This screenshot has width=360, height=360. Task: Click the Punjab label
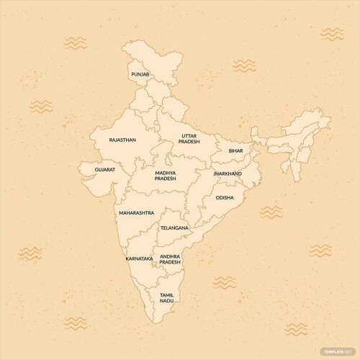(x=140, y=74)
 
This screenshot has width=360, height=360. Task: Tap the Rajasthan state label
(x=122, y=140)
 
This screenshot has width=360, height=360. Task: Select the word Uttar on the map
(x=189, y=135)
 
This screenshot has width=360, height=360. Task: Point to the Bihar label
(x=236, y=151)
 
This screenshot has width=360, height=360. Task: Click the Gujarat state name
(x=104, y=170)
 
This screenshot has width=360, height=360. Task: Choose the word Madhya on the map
(x=166, y=174)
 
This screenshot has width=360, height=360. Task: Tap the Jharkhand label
(x=228, y=174)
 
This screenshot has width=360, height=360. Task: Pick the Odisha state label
(x=224, y=197)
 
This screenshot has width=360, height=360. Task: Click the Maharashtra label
(x=136, y=213)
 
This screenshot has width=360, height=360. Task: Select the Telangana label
(x=174, y=228)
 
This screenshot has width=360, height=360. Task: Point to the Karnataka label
(x=139, y=258)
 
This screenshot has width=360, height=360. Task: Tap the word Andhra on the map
(x=171, y=256)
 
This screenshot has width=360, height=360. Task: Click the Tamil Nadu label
(x=167, y=298)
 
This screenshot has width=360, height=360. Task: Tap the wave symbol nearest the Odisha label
(x=271, y=212)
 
